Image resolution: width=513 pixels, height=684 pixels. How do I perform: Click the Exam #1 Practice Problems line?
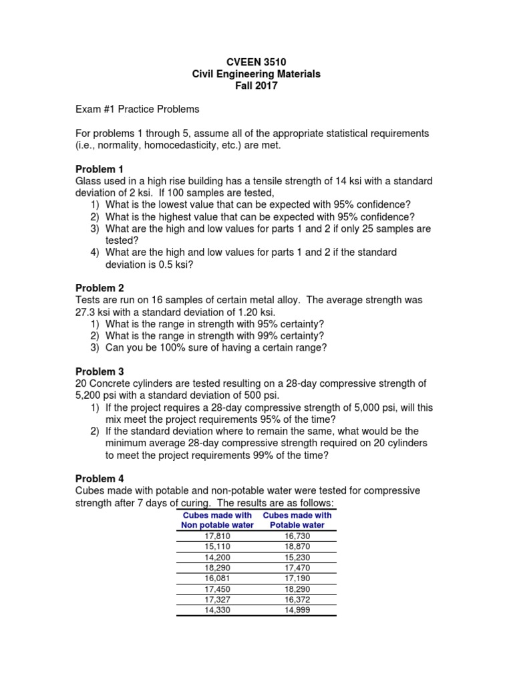click(137, 110)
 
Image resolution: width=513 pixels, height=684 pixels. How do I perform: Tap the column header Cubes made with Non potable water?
click(218, 520)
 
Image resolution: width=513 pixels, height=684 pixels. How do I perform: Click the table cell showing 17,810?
click(218, 536)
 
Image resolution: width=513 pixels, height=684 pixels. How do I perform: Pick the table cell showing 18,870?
click(297, 546)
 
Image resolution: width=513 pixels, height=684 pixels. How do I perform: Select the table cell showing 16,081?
click(218, 577)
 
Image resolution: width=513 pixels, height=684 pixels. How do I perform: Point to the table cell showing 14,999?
click(297, 609)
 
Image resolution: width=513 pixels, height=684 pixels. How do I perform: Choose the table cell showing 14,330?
click(218, 609)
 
